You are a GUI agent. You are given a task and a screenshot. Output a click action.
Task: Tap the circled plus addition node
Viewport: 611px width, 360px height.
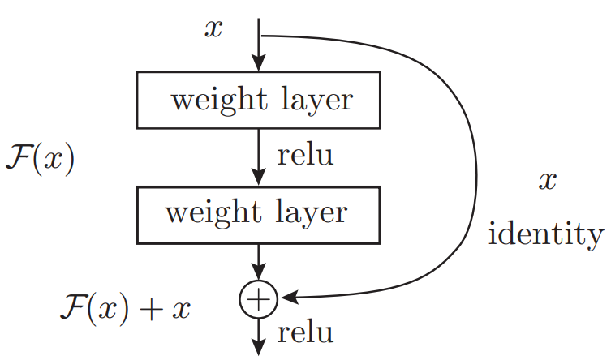point(257,299)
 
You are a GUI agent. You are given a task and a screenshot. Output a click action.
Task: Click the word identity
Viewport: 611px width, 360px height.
point(546,236)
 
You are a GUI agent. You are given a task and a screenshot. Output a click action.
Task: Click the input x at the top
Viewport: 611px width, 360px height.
point(215,28)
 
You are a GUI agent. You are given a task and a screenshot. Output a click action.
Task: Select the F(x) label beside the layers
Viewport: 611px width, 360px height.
point(39,157)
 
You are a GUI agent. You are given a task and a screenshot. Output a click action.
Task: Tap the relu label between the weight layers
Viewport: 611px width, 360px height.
point(305,155)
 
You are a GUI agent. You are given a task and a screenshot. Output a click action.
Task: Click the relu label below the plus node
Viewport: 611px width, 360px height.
point(305,332)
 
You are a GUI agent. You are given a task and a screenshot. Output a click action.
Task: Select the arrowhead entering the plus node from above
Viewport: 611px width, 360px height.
point(258,273)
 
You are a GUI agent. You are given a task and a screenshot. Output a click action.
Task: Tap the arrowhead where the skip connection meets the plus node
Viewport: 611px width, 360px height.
point(286,299)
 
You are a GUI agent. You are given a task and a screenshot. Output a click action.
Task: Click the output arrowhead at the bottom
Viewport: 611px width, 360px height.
point(258,346)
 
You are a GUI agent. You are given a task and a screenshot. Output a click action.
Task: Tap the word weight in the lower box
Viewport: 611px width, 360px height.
point(204,214)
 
